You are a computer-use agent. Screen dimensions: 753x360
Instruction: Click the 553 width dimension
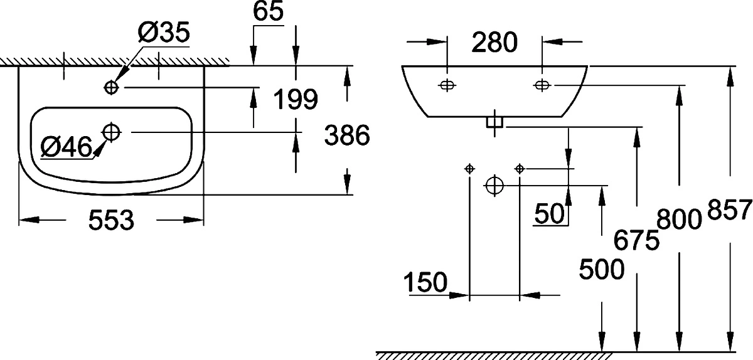coord(111,220)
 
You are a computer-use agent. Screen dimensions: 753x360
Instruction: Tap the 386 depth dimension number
coord(347,135)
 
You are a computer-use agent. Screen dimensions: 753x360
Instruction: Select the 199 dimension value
coord(296,100)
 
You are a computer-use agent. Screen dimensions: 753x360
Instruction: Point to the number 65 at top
coord(269,11)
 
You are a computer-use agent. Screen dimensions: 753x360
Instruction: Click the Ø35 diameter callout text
coord(164,32)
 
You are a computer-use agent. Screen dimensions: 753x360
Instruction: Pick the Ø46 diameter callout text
coord(67,147)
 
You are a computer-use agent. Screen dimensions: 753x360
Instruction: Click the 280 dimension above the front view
coord(494,43)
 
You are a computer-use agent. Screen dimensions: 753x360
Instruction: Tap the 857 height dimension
coord(730,209)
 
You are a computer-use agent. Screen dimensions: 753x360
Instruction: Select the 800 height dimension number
coord(680,219)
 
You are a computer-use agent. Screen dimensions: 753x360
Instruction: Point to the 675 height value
coord(636,240)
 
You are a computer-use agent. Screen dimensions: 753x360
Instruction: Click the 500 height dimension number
coord(602,269)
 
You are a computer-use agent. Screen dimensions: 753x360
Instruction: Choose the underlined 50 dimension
coord(549,213)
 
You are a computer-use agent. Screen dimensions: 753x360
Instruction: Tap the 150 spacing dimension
coord(425,282)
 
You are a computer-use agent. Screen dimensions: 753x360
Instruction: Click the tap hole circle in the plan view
coord(112,88)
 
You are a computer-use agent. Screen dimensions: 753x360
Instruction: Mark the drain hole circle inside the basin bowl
coord(112,132)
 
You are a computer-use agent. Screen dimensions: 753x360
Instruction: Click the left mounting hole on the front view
coord(447,85)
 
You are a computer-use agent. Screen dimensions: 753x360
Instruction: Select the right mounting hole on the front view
coord(542,85)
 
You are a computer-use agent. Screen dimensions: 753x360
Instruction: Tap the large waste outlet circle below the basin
coord(494,185)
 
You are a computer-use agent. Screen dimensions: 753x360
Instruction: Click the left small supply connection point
coord(469,169)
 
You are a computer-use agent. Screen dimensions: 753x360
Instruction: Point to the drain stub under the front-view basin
coord(494,122)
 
